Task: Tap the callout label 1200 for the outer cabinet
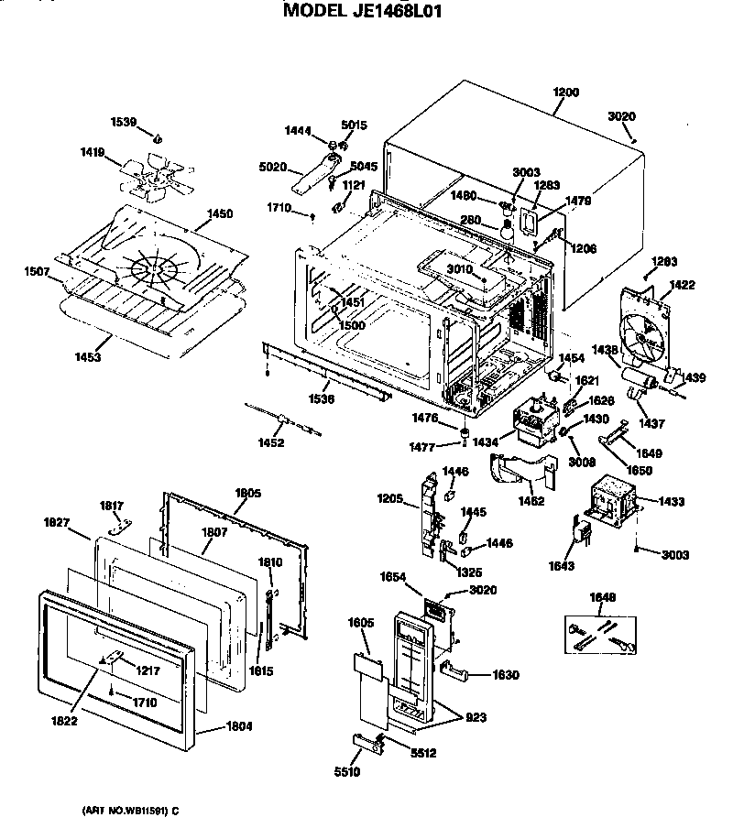(566, 93)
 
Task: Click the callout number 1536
(320, 399)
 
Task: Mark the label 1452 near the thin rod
(270, 442)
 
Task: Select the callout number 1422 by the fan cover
(683, 285)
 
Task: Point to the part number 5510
(347, 772)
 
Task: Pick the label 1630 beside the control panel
(505, 675)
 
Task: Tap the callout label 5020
(272, 167)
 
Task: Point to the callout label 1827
(57, 522)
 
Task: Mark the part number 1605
(361, 622)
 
